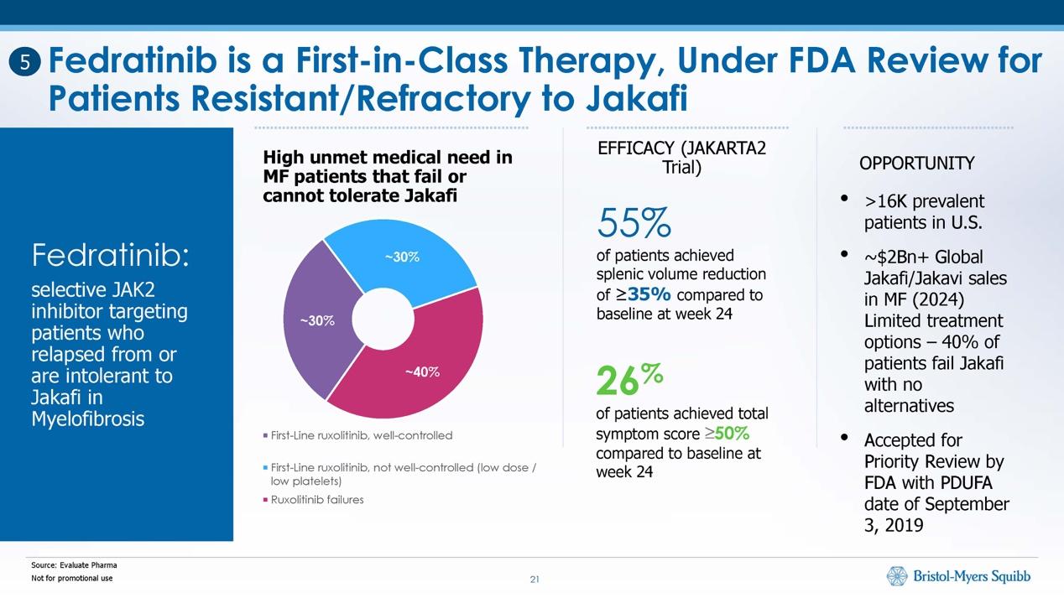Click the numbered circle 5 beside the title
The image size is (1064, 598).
tap(26, 61)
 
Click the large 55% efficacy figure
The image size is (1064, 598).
tap(634, 222)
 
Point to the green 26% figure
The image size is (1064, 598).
tap(629, 380)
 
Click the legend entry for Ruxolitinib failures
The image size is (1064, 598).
tap(317, 500)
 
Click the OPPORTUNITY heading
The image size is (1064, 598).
tap(916, 164)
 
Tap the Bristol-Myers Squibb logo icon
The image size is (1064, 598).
tap(897, 576)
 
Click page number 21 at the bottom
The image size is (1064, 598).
tap(534, 579)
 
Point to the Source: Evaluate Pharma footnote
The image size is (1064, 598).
tap(74, 565)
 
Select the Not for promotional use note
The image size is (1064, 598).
tap(71, 579)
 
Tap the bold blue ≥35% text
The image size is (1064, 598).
tap(649, 295)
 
